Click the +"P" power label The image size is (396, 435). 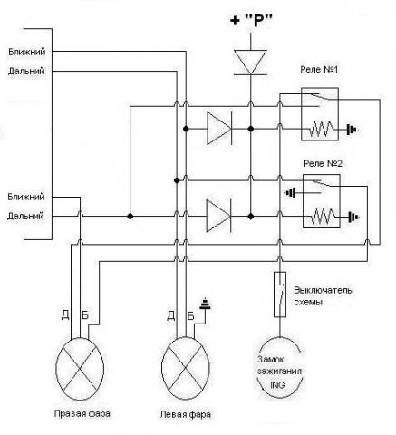(x=251, y=21)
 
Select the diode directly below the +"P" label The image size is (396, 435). (x=250, y=63)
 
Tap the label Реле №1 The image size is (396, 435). (x=319, y=69)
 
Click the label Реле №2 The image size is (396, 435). (x=323, y=163)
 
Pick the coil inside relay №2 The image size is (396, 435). (x=324, y=217)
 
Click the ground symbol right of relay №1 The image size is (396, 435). (x=353, y=130)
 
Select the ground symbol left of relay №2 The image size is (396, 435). (x=291, y=192)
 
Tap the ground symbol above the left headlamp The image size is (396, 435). (x=205, y=304)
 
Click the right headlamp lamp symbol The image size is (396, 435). (x=80, y=369)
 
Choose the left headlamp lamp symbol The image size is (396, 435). (x=186, y=369)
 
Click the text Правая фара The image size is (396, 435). (x=82, y=413)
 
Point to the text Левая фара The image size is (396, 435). (x=186, y=414)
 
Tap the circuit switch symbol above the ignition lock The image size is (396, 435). (x=280, y=295)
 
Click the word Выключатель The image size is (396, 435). (x=323, y=290)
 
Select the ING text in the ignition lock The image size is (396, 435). (x=277, y=385)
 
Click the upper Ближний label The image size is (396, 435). (x=26, y=52)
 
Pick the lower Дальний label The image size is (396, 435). (x=25, y=216)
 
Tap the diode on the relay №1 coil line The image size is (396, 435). (x=219, y=129)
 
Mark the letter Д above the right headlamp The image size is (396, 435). (x=65, y=315)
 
